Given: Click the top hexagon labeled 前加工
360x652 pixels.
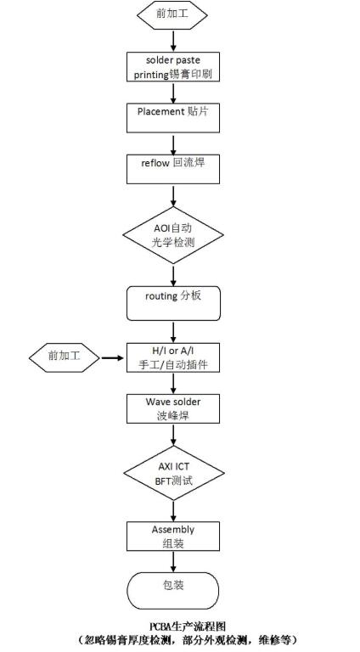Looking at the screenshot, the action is tap(172, 14).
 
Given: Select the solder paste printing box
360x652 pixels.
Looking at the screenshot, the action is tap(173, 66).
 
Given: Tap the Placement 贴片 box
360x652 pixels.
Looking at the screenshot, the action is tap(173, 118).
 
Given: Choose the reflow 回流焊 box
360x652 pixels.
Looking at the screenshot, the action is tap(173, 169).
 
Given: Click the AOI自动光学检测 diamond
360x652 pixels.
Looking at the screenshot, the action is tap(173, 235).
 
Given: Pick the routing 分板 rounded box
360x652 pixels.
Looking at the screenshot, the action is tap(173, 303).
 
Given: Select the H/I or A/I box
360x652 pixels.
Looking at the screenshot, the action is tap(173, 357).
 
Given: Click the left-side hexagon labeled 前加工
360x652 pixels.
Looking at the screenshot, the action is tap(65, 357).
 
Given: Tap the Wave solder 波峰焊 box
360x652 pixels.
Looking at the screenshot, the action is tap(173, 408).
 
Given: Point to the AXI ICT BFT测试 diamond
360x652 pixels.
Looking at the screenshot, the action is tap(174, 473).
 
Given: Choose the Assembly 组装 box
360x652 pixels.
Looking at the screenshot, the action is tap(173, 536).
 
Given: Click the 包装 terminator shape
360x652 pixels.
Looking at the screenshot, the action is tap(173, 591).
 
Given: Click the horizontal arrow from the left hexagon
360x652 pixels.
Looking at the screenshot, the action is tap(113, 357).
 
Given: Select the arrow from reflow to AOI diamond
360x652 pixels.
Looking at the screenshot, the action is tap(173, 195).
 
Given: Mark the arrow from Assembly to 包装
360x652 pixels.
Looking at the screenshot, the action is tap(173, 562).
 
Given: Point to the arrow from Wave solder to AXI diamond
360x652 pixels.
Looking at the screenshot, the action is tap(173, 435).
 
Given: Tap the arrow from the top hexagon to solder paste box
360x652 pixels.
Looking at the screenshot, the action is tap(173, 41).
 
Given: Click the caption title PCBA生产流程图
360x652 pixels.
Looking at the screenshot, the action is tap(187, 626).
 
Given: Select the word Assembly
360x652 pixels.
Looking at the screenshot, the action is tap(173, 530).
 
